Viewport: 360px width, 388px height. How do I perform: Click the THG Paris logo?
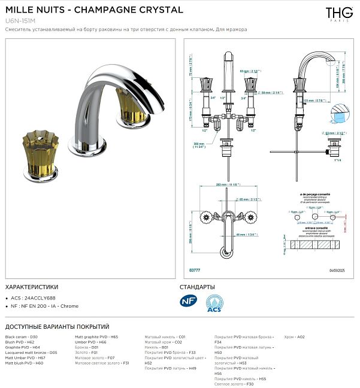tap(339, 14)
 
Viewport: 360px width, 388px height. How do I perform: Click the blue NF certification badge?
tap(188, 301)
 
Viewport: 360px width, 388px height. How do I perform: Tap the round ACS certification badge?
tap(214, 303)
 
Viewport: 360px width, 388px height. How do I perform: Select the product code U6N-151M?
tap(20, 20)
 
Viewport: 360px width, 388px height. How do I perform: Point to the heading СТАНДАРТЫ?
tap(201, 287)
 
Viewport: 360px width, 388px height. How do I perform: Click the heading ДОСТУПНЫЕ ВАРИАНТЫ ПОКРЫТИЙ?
tap(57, 326)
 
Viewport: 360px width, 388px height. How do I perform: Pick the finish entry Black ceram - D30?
tap(21, 337)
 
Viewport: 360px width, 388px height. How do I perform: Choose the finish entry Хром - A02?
tap(295, 337)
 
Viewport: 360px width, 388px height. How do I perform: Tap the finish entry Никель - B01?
tap(156, 347)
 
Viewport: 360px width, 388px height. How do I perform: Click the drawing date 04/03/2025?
tap(337, 271)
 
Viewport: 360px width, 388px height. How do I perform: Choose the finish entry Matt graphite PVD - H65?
tap(96, 337)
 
